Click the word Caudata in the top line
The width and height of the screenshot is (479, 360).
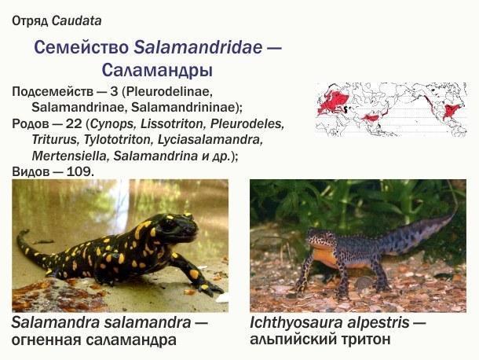tap(77, 20)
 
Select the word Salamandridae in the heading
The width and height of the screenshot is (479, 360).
tap(198, 47)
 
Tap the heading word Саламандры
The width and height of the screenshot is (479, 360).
tap(157, 70)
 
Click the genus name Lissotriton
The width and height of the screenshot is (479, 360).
tap(172, 124)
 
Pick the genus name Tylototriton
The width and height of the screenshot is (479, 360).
tap(118, 140)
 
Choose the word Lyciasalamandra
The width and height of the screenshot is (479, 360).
tap(210, 140)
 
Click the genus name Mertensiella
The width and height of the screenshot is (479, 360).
tap(70, 156)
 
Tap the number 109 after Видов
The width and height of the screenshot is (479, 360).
tap(78, 171)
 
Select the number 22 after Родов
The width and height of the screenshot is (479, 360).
tap(74, 124)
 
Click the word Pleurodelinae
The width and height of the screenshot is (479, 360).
tap(168, 92)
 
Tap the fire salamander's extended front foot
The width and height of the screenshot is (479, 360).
tap(210, 289)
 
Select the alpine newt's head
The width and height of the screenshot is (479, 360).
tap(320, 239)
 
